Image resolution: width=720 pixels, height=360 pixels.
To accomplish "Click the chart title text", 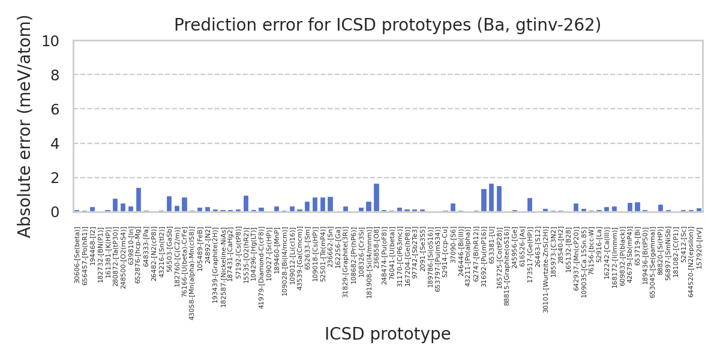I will click(387, 25).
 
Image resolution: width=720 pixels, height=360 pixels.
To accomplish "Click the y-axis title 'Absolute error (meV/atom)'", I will click(25, 126).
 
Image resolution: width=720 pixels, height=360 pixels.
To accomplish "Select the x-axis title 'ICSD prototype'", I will click(387, 334).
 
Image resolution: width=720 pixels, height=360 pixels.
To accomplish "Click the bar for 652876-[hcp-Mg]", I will click(138, 200).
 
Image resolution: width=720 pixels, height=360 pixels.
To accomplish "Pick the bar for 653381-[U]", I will click(491, 198).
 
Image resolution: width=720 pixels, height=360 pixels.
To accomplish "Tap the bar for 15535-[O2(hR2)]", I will click(246, 204).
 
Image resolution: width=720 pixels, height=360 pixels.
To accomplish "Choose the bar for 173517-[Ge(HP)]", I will click(530, 205).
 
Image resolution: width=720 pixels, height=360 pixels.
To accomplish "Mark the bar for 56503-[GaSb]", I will click(169, 204).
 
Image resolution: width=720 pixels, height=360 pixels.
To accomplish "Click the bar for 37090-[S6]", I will click(453, 208).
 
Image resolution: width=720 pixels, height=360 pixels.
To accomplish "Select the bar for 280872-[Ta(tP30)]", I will click(115, 205).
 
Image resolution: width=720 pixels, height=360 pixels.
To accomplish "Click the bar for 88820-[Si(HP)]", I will click(661, 208).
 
